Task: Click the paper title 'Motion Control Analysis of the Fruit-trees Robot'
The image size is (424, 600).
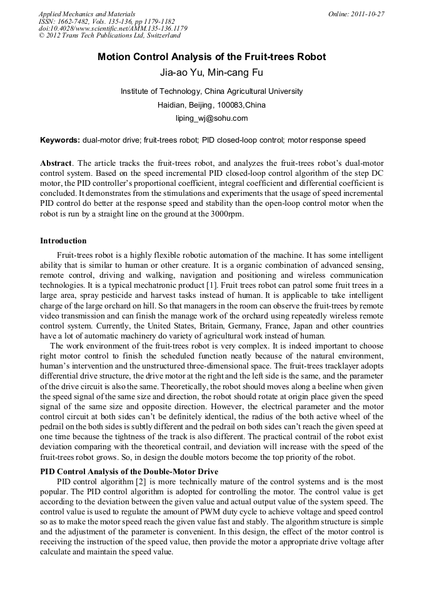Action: coord(211,57)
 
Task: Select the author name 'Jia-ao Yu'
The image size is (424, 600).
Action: coord(181,73)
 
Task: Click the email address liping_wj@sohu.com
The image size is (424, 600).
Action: coord(211,118)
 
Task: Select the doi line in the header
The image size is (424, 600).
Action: coord(113,29)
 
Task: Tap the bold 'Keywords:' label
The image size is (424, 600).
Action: coord(60,140)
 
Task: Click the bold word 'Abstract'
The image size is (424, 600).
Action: coord(57,163)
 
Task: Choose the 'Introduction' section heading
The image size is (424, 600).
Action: coord(63,241)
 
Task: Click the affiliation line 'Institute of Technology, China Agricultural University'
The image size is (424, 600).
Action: coord(211,91)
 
